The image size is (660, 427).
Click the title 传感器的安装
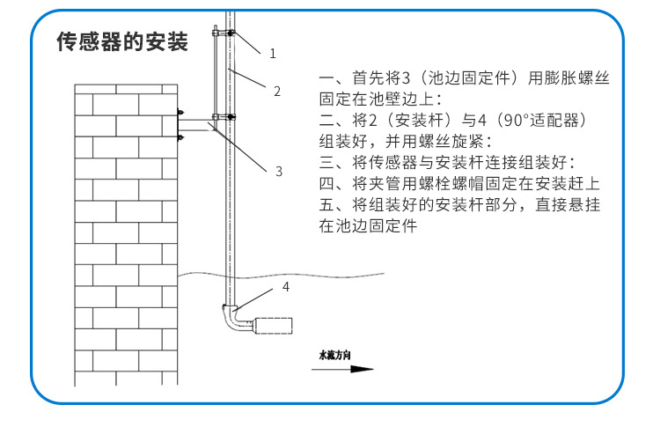coord(122,41)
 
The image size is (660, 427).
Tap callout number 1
coord(273,54)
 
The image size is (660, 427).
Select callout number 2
coord(277,92)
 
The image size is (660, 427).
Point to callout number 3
coord(279,172)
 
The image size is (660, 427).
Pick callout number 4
coord(286,287)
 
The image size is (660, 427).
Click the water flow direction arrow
coord(342,369)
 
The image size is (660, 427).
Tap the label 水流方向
coord(335,355)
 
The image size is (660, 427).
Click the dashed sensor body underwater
coord(274,326)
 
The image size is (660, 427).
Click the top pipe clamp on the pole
coord(224,32)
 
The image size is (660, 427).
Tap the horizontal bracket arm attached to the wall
coord(195,126)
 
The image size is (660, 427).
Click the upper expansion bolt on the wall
coord(180,113)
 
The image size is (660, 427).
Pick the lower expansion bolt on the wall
coord(180,137)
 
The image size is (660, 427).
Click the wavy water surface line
coord(281,276)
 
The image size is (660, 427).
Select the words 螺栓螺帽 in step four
coord(452,184)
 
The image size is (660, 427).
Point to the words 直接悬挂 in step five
coord(568,204)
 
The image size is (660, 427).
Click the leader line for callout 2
coord(248,77)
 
